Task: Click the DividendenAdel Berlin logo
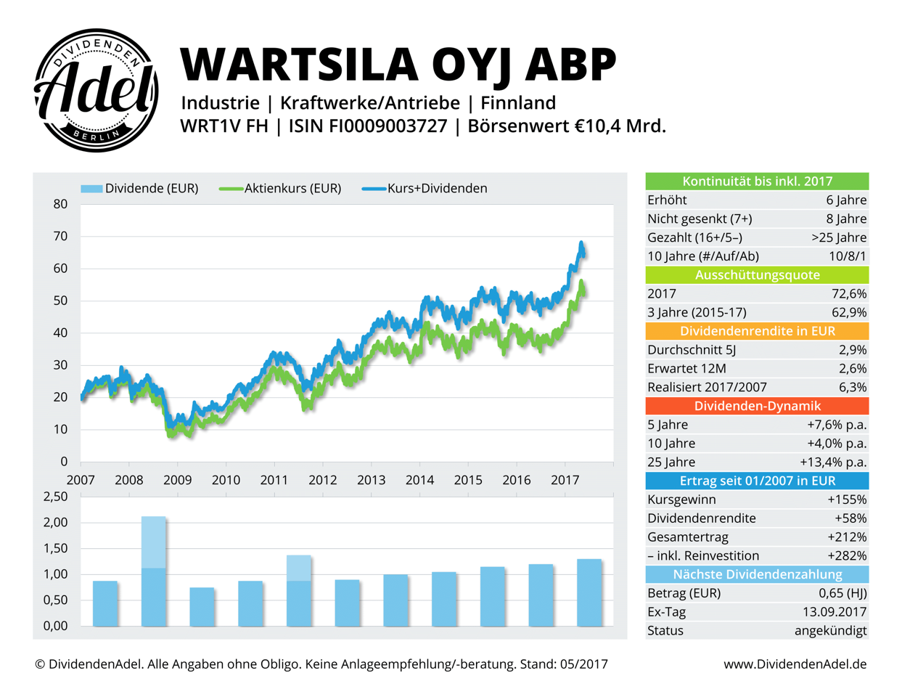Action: click(x=97, y=91)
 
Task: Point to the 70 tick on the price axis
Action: click(x=60, y=237)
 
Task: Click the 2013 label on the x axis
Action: click(x=371, y=480)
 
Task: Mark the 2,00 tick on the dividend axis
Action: click(x=55, y=523)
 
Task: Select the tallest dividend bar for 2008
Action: click(x=154, y=571)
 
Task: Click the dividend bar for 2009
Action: click(x=202, y=607)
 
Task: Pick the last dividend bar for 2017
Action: click(x=589, y=592)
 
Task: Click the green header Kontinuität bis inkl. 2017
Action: click(x=757, y=182)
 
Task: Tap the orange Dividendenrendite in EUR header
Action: click(x=757, y=331)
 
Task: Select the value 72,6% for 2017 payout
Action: click(x=849, y=294)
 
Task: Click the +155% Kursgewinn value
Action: click(x=847, y=500)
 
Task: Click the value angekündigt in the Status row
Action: click(x=830, y=631)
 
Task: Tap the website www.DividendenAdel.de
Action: click(x=795, y=664)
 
